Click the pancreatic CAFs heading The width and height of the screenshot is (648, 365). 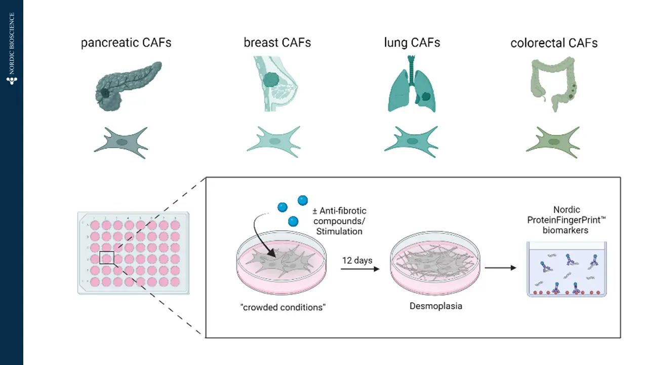coord(126,43)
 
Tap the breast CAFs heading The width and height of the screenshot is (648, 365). coord(277,43)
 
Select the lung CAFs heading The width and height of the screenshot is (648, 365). coord(412,43)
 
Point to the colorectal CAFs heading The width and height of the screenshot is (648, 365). coord(554,43)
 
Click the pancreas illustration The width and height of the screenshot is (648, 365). coord(127,86)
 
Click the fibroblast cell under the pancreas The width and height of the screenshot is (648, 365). coord(121,142)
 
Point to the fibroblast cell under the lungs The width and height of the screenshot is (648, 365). coord(411,142)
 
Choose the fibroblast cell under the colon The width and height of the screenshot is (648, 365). coord(552,142)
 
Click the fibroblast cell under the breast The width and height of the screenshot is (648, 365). coord(273,142)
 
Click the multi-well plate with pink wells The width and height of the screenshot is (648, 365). coord(133,252)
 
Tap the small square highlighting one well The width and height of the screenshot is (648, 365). coord(106,258)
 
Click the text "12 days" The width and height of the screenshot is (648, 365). coord(357,261)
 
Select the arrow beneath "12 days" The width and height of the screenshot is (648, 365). coord(359,269)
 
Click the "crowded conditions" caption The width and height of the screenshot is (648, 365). coord(282,307)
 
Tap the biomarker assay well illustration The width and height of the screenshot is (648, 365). coord(566,269)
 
